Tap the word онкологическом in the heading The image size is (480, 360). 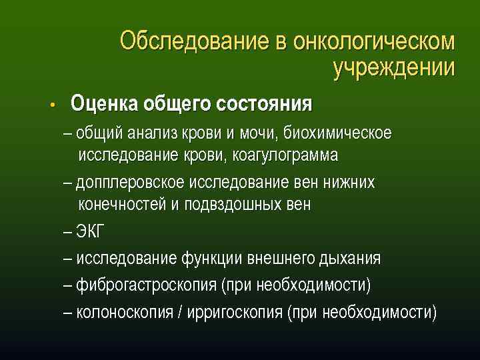point(365,41)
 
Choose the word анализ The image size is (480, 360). point(149,133)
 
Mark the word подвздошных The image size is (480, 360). point(229,204)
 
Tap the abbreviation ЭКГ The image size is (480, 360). point(91,233)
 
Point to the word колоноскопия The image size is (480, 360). point(125,312)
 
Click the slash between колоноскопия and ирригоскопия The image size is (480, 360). point(181,312)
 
